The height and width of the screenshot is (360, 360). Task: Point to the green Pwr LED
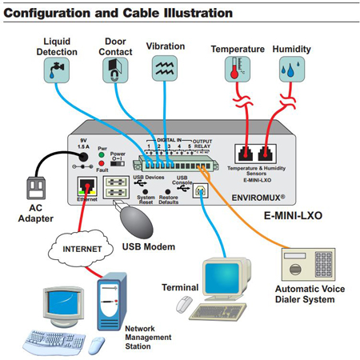[x=101, y=156]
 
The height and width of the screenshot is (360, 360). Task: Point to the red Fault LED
[x=101, y=165]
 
